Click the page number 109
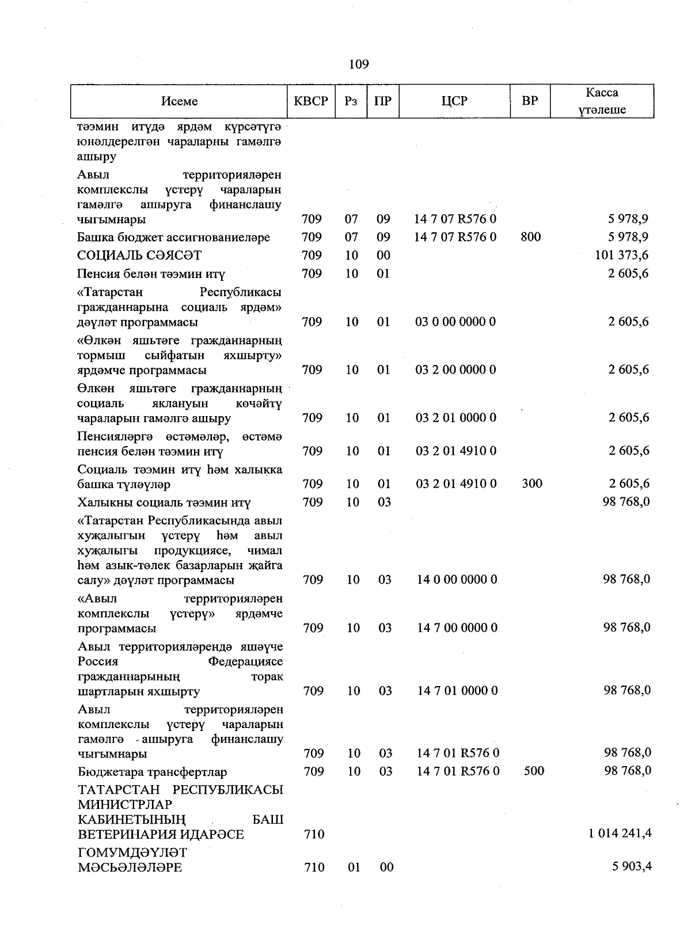[x=359, y=64]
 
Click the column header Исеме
[x=179, y=101]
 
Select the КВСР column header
[x=311, y=101]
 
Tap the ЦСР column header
[x=454, y=101]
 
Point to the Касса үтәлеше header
[x=602, y=101]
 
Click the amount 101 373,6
[x=621, y=255]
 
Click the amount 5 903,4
[x=632, y=866]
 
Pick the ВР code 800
[x=530, y=237]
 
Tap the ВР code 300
[x=531, y=484]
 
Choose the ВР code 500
[x=534, y=771]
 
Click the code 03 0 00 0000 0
[x=455, y=322]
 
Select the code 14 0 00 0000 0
[x=457, y=579]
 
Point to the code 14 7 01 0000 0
[x=457, y=690]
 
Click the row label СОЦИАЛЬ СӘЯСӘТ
[x=139, y=256]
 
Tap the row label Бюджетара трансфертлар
[x=152, y=772]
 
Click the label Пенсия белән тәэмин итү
[x=151, y=274]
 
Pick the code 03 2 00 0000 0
[x=455, y=370]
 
